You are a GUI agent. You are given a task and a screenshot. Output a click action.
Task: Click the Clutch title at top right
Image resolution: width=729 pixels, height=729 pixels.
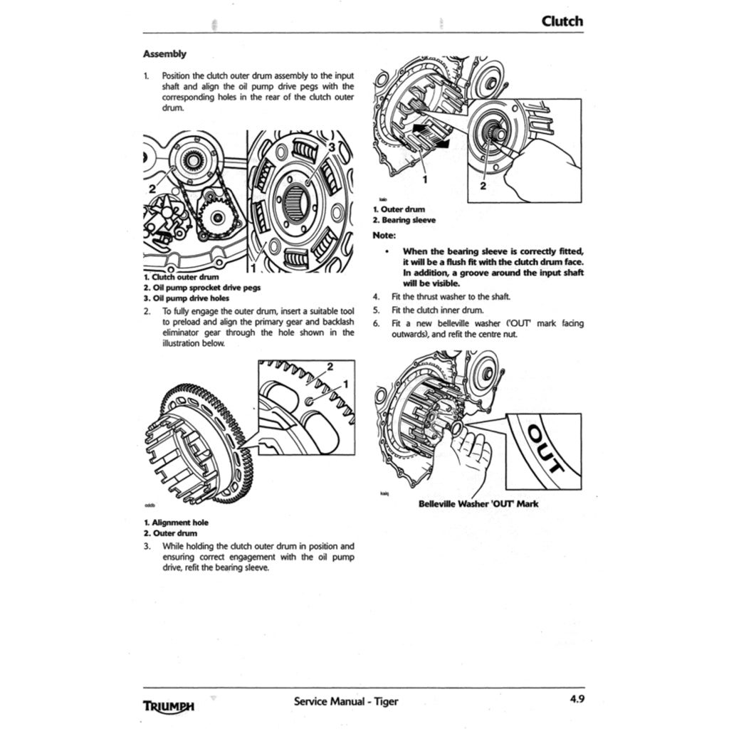pyautogui.click(x=562, y=21)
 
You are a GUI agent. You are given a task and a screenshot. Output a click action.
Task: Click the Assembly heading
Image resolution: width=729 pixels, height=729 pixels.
pyautogui.click(x=164, y=53)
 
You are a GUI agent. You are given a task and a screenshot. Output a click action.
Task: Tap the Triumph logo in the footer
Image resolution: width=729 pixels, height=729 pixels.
pyautogui.click(x=169, y=706)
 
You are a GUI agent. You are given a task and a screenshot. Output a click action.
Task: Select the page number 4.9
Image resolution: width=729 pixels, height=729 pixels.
pyautogui.click(x=577, y=699)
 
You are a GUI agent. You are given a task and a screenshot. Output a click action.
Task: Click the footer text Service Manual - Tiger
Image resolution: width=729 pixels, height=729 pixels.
pyautogui.click(x=346, y=701)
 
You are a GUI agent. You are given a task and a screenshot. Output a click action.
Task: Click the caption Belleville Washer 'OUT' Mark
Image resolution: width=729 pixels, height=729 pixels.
pyautogui.click(x=478, y=504)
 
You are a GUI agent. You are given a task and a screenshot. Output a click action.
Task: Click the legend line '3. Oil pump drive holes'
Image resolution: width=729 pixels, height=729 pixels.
pyautogui.click(x=186, y=298)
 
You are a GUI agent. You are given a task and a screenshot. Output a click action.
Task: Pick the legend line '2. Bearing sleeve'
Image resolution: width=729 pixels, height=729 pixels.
pyautogui.click(x=404, y=220)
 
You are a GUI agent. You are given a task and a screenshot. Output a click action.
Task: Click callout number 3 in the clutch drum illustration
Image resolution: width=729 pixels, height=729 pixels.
pyautogui.click(x=331, y=147)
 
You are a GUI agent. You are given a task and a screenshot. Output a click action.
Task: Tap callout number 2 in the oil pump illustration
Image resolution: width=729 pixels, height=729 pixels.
pyautogui.click(x=152, y=189)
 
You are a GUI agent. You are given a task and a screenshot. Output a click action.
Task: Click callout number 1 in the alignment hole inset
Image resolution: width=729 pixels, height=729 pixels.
pyautogui.click(x=346, y=384)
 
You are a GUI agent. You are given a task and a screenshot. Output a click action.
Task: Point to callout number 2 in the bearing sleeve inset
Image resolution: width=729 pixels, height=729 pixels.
pyautogui.click(x=482, y=187)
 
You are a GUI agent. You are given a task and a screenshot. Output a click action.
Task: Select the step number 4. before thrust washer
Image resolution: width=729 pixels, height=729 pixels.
pyautogui.click(x=376, y=296)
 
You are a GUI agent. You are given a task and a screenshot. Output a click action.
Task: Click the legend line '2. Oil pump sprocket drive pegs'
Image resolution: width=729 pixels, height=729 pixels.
pyautogui.click(x=201, y=288)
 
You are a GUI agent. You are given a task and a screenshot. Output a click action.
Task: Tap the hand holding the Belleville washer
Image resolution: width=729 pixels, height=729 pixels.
pyautogui.click(x=471, y=456)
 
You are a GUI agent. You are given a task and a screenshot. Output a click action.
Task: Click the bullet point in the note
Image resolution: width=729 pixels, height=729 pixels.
pyautogui.click(x=385, y=251)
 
